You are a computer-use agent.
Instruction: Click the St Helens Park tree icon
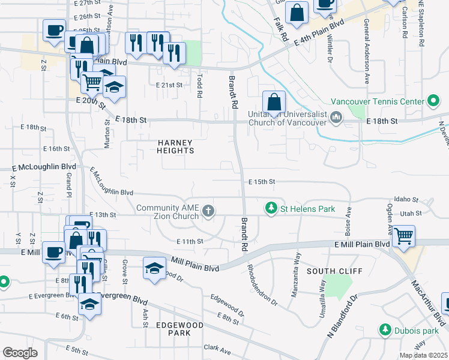click(271, 208)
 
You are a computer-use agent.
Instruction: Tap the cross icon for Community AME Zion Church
click(208, 211)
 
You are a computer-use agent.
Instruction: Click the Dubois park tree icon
click(384, 329)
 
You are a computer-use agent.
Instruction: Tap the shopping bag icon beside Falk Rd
click(297, 13)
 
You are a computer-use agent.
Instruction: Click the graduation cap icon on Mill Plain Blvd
click(154, 268)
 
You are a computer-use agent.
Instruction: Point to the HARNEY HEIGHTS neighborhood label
click(175, 146)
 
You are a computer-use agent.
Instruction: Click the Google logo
click(19, 352)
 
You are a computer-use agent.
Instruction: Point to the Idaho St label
click(406, 199)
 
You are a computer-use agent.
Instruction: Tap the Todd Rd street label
click(199, 86)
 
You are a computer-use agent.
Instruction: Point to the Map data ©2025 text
click(423, 355)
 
